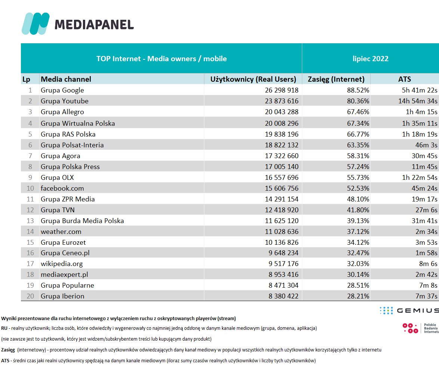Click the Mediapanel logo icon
click(x=35, y=24)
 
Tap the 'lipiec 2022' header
click(x=370, y=59)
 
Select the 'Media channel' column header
click(x=66, y=79)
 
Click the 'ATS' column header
click(x=405, y=79)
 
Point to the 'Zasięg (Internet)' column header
click(x=336, y=79)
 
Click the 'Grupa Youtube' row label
click(x=65, y=101)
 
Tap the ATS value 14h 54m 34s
click(x=416, y=101)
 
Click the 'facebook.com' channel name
click(x=62, y=188)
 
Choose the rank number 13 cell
click(x=30, y=220)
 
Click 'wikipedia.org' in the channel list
click(x=62, y=264)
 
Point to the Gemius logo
click(x=408, y=310)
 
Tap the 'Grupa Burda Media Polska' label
click(x=82, y=220)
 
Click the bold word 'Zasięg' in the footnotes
click(x=8, y=350)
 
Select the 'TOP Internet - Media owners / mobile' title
click(x=161, y=59)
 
